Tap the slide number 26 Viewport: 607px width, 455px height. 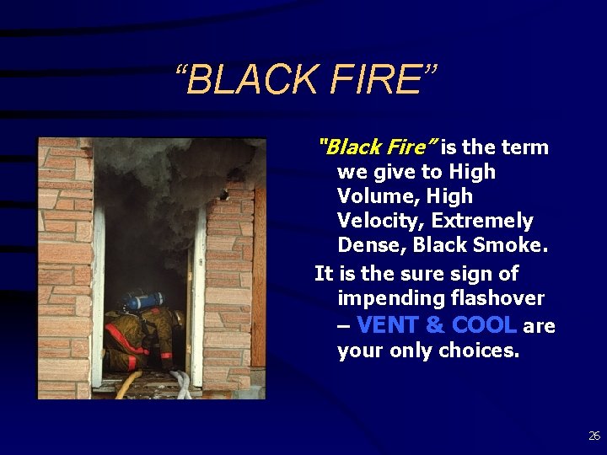[594, 436]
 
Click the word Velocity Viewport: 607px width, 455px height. [374, 221]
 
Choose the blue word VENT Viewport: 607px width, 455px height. [389, 325]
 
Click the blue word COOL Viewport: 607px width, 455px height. [484, 325]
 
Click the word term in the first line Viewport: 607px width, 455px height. [524, 147]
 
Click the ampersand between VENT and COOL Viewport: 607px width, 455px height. [436, 325]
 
